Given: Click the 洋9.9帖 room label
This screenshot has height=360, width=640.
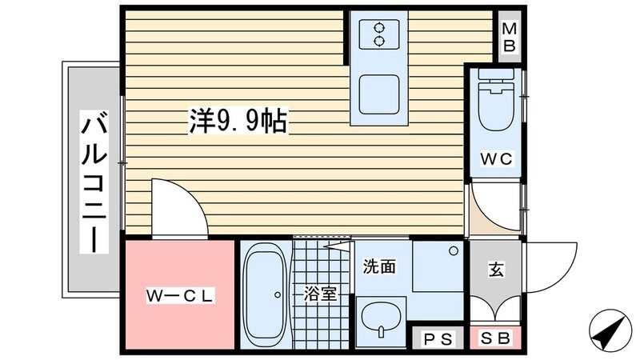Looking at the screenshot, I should pyautogui.click(x=238, y=122).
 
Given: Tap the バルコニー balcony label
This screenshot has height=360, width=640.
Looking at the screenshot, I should pyautogui.click(x=94, y=183).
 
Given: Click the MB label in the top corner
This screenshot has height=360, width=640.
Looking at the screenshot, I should pyautogui.click(x=509, y=37).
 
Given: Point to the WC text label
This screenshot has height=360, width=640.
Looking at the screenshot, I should pyautogui.click(x=495, y=158).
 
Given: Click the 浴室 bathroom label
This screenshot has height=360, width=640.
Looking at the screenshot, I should pyautogui.click(x=320, y=294).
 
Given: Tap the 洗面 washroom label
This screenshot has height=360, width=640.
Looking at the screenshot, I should pyautogui.click(x=378, y=267).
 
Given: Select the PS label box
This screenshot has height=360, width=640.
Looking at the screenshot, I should pyautogui.click(x=438, y=338).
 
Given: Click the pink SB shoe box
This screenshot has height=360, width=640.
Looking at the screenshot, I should pyautogui.click(x=495, y=338).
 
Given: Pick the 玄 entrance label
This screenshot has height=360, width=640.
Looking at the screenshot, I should pyautogui.click(x=495, y=270).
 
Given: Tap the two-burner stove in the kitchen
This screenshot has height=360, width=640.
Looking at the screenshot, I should pyautogui.click(x=378, y=34).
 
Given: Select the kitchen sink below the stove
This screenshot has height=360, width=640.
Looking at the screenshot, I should pyautogui.click(x=378, y=94).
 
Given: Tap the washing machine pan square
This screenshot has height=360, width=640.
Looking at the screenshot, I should pyautogui.click(x=438, y=267).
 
